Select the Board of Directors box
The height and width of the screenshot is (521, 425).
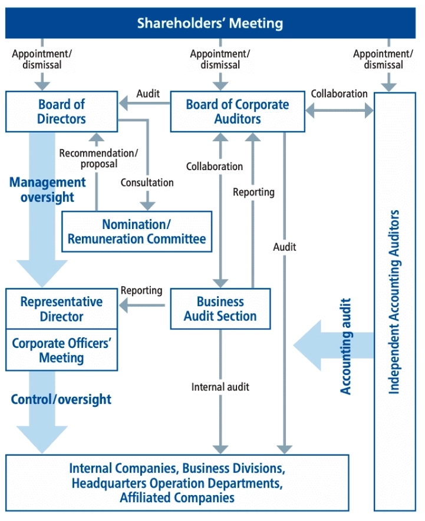pyautogui.click(x=62, y=111)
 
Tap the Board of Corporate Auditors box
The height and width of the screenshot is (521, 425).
pyautogui.click(x=237, y=111)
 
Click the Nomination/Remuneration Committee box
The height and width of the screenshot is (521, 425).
pyautogui.click(x=137, y=231)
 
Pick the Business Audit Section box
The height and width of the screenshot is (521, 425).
pyautogui.click(x=220, y=308)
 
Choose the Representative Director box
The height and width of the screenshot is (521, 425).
pyautogui.click(x=61, y=308)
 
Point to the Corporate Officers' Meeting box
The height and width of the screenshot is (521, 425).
pyautogui.click(x=61, y=350)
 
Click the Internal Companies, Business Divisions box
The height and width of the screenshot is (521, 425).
pyautogui.click(x=177, y=483)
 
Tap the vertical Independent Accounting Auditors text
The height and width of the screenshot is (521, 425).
pyautogui.click(x=394, y=301)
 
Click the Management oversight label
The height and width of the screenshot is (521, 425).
pyautogui.click(x=47, y=190)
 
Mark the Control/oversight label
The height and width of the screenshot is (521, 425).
pyautogui.click(x=61, y=399)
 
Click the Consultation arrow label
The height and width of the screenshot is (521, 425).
pyautogui.click(x=147, y=182)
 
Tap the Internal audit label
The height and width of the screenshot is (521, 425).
pyautogui.click(x=220, y=387)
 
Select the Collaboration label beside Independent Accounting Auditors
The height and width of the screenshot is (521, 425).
pyautogui.click(x=339, y=94)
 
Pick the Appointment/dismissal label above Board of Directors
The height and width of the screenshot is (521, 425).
pyautogui.click(x=42, y=59)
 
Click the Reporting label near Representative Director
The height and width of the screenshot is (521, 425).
pyautogui.click(x=141, y=290)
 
